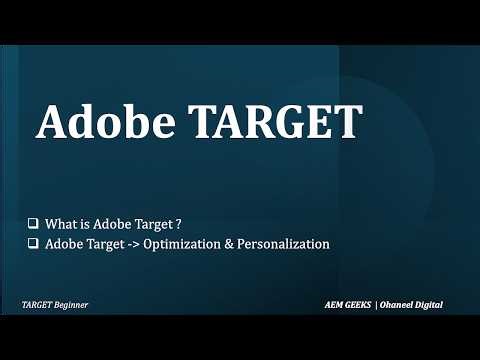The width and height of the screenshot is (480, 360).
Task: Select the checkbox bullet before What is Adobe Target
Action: click(35, 223)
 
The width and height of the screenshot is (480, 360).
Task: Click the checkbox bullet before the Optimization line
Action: click(35, 244)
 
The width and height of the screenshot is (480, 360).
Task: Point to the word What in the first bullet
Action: click(61, 223)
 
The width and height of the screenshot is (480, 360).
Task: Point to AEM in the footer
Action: click(338, 304)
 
